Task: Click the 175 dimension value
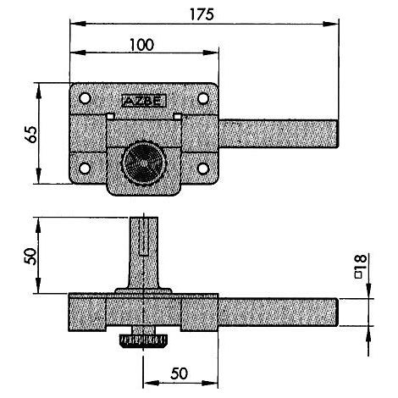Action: pos(202,14)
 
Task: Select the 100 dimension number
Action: pos(142,45)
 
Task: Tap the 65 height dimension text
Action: pos(30,134)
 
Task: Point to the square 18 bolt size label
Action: pos(360,267)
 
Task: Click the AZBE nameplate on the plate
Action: pos(144,101)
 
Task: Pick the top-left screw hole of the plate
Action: pos(85,98)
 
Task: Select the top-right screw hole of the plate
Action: pos(203,98)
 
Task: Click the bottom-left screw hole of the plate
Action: pos(85,169)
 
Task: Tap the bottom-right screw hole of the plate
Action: pos(203,169)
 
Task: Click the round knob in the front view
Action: pos(143,163)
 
